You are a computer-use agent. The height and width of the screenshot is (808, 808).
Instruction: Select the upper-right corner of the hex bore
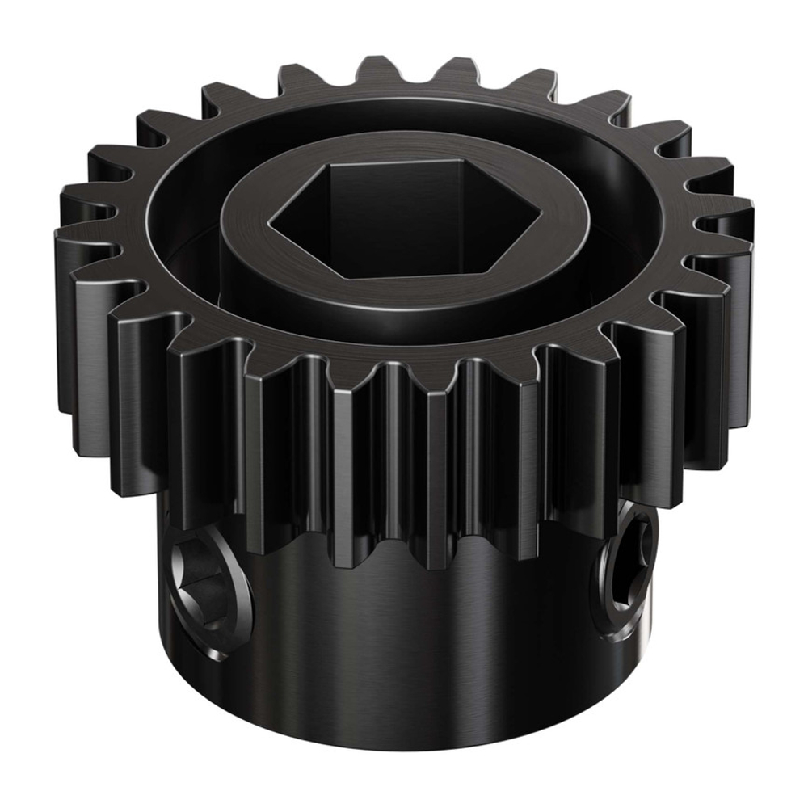click(467, 161)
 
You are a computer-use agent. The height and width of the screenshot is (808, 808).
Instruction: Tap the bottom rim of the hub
click(404, 739)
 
